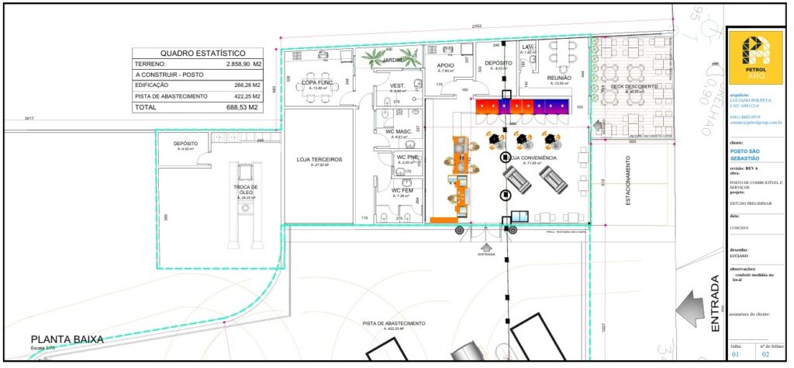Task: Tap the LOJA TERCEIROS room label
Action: click(x=319, y=160)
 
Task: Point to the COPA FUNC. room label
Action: click(x=317, y=82)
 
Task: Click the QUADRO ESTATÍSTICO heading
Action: click(x=205, y=51)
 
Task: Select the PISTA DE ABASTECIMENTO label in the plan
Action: click(x=394, y=323)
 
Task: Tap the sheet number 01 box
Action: click(x=737, y=356)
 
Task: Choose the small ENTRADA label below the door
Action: click(x=486, y=254)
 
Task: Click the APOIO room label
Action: click(x=445, y=66)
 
